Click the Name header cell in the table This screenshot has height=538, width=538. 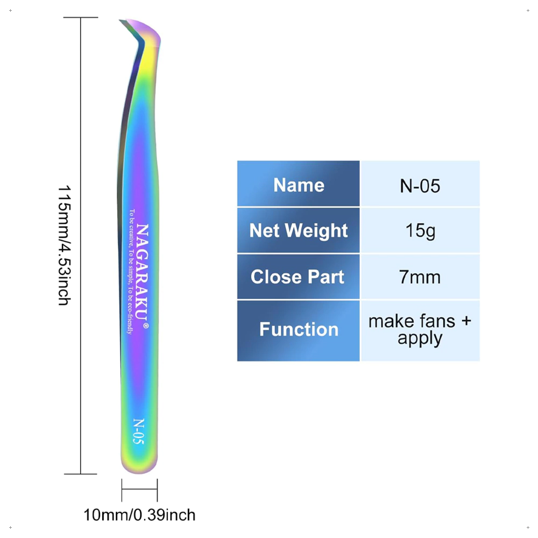tap(299, 185)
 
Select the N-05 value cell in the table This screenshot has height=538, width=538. tap(420, 185)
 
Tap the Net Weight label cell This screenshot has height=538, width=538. tap(299, 230)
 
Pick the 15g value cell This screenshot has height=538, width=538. tap(420, 230)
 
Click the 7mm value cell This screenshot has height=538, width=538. tap(420, 277)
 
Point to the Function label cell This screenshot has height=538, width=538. tap(299, 329)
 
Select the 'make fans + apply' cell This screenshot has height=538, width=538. tap(420, 329)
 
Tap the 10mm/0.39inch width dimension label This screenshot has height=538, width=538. tap(139, 515)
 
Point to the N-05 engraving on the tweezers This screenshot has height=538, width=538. tap(138, 431)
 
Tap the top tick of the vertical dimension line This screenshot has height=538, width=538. tap(81, 18)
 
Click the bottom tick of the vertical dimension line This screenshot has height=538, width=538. tap(81, 474)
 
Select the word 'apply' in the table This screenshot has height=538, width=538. tap(420, 338)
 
